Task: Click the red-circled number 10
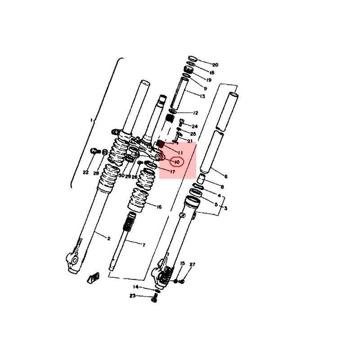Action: [177, 162]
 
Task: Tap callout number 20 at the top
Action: [215, 65]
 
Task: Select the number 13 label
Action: [202, 96]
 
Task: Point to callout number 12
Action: [195, 113]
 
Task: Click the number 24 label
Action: [194, 126]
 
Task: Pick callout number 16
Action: [159, 207]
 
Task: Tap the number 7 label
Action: [144, 245]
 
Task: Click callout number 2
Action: [109, 238]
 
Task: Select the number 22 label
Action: [85, 172]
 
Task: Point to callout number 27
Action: [193, 265]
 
